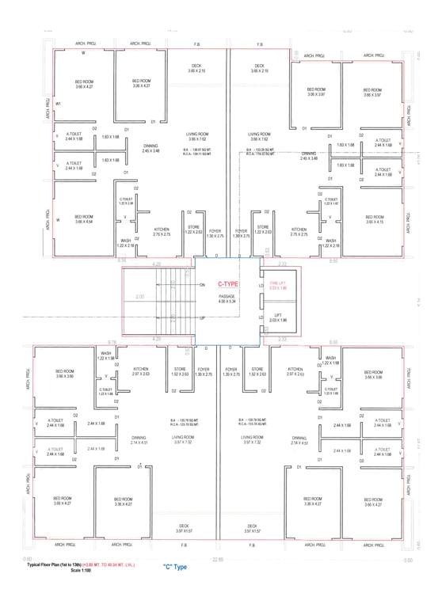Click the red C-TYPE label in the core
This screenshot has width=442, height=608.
(x=228, y=283)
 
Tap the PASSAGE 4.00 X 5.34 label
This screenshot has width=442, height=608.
(x=228, y=299)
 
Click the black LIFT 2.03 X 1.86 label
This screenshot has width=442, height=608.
(x=277, y=317)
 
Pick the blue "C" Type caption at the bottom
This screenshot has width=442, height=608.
(x=175, y=568)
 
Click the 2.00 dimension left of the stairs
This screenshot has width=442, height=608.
(x=140, y=296)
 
